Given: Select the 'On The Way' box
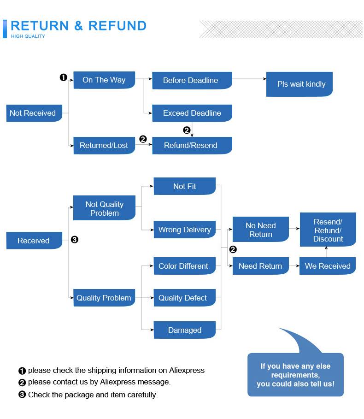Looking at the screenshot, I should pyautogui.click(x=104, y=80).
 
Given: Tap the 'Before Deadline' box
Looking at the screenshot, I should pyautogui.click(x=192, y=81).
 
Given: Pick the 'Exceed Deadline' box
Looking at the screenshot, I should pyautogui.click(x=192, y=113).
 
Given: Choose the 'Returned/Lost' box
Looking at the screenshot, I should pyautogui.click(x=104, y=146).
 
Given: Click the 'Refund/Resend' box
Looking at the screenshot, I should pyautogui.click(x=192, y=146).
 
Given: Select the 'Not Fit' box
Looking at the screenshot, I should pyautogui.click(x=184, y=186).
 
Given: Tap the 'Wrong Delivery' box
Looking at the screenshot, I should pyautogui.click(x=184, y=230).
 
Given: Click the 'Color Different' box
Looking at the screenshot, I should pyautogui.click(x=184, y=266).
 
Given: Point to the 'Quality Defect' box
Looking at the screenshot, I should pyautogui.click(x=184, y=298).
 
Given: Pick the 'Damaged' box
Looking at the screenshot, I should pyautogui.click(x=184, y=330).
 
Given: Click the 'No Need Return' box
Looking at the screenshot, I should pyautogui.click(x=260, y=230).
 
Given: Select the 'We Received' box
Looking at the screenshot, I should pyautogui.click(x=328, y=266).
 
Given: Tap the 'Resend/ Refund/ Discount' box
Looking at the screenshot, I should pyautogui.click(x=328, y=230).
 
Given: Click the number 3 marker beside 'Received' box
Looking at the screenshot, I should pyautogui.click(x=75, y=240).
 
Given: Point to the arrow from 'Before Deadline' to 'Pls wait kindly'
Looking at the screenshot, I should pyautogui.click(x=249, y=79).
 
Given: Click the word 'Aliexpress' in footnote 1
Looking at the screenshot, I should pyautogui.click(x=187, y=370).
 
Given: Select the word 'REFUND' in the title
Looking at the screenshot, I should pyautogui.click(x=117, y=26).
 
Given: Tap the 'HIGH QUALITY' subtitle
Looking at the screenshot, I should pyautogui.click(x=28, y=36).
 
